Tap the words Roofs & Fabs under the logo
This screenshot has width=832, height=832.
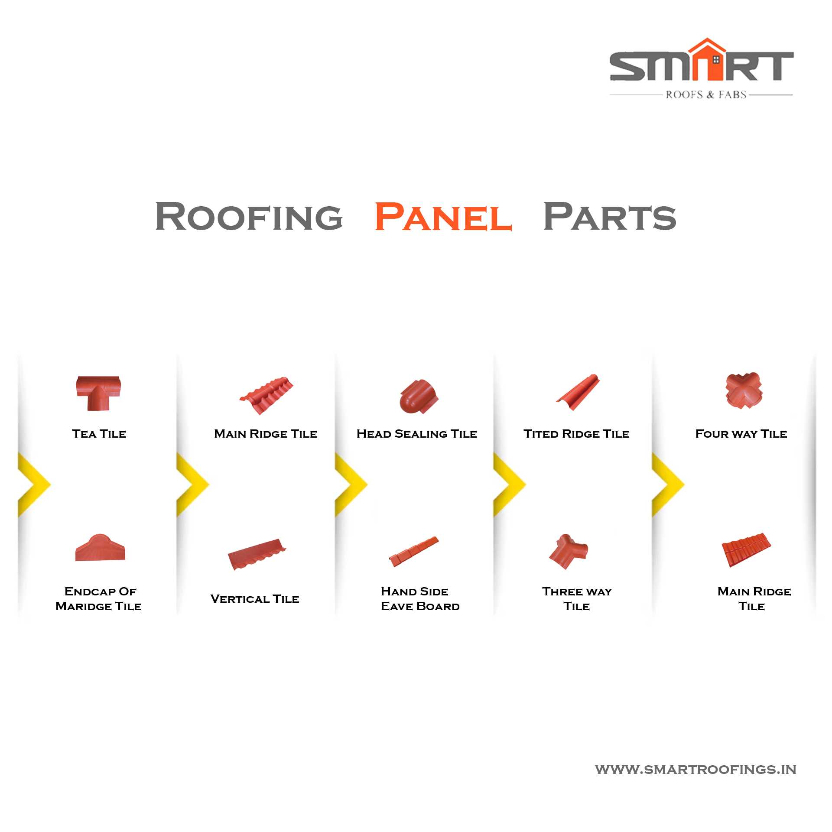point(706,94)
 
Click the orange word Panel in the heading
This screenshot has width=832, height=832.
point(443,216)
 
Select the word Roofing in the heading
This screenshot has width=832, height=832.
point(249,216)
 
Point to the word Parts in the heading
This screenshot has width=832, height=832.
point(609,216)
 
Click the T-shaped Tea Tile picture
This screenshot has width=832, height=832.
point(98,393)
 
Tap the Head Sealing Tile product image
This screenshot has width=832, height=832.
point(419,396)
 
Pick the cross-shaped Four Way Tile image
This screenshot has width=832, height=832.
point(744,390)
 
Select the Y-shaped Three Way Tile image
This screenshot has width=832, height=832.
point(568,551)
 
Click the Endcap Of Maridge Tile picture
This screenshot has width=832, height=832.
point(100,548)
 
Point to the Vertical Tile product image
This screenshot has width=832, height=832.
point(257,555)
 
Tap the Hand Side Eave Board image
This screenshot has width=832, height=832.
point(414,552)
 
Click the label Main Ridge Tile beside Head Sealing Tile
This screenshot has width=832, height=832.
point(266,434)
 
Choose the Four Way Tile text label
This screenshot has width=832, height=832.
point(741,434)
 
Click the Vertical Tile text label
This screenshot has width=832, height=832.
point(255,599)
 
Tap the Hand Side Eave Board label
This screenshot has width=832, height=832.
point(420,599)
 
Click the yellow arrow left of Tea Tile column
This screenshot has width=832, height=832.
point(34,484)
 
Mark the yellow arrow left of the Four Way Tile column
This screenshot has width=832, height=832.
point(668,484)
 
